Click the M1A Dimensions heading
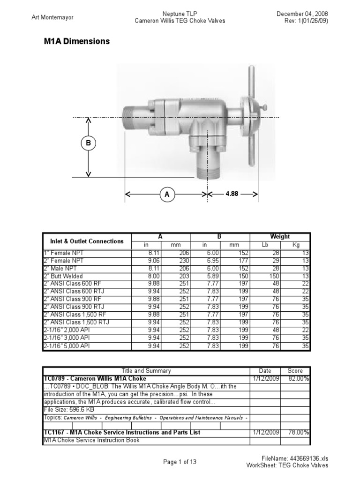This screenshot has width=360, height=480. (x=76, y=41)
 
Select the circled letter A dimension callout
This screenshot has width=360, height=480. (x=166, y=194)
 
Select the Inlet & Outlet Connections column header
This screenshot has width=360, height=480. (x=87, y=241)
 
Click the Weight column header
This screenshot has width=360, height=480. (x=280, y=237)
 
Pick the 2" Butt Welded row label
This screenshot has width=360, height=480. (x=63, y=277)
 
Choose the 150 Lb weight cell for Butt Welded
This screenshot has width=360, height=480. (x=277, y=277)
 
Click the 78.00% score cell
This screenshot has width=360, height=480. (x=298, y=433)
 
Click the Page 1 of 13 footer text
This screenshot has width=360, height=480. (x=180, y=462)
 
